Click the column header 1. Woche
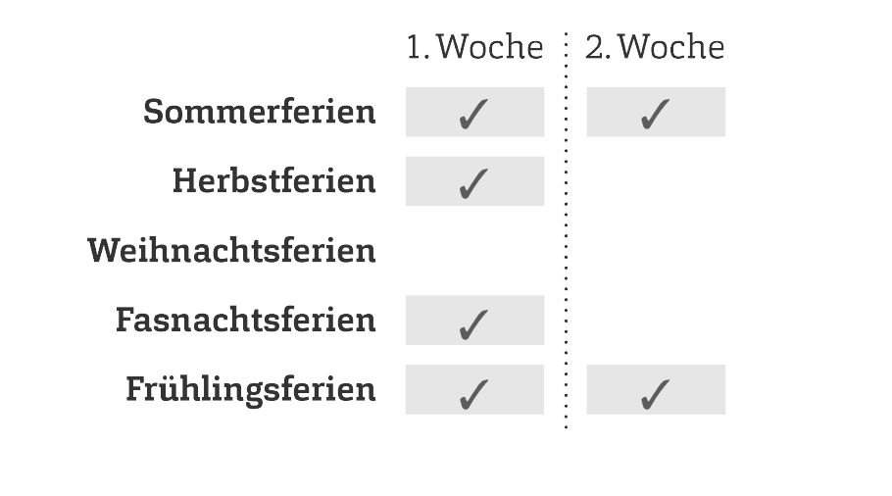475,47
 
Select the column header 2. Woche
656,47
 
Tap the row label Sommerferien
260,112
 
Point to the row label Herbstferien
274,181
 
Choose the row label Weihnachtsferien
231,250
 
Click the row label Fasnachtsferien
246,320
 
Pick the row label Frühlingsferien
251,390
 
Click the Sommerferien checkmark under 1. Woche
473,115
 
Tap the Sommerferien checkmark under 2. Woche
655,115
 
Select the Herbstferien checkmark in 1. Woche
473,183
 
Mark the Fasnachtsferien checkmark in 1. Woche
473,324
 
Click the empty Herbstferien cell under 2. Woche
656,181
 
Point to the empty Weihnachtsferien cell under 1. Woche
475,250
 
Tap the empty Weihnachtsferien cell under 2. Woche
656,250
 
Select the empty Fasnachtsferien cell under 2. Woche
656,320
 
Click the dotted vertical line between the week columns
566,230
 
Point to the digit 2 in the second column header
594,47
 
